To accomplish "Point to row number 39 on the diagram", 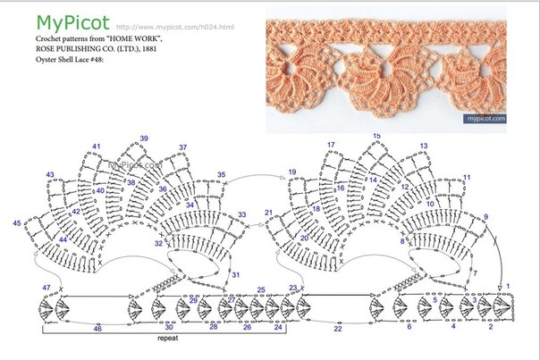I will (x=144, y=138).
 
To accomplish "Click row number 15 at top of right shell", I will (x=376, y=135).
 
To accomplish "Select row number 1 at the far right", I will (x=508, y=286).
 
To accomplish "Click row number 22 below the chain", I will (x=338, y=329).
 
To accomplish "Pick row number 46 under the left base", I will (x=97, y=330).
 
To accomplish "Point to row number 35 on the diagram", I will (x=222, y=175).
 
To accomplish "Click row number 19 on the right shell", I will (x=291, y=172).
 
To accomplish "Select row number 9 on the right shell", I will (x=486, y=217).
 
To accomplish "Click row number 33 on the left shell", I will (x=241, y=215).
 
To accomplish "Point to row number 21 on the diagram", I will (x=268, y=213).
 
